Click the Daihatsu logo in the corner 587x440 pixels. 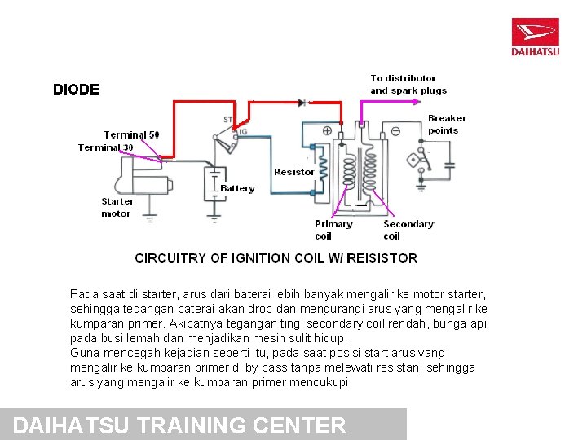click(535, 37)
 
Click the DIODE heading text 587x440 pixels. click(76, 90)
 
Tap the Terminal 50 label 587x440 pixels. click(131, 134)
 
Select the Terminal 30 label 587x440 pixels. click(105, 147)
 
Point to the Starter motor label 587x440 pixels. click(117, 207)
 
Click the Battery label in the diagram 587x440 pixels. click(237, 188)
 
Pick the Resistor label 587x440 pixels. click(293, 172)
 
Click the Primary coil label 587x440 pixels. click(333, 230)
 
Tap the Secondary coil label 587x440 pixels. click(408, 230)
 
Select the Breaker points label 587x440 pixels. click(447, 124)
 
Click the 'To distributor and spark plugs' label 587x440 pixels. click(408, 84)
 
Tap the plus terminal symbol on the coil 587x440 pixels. click(327, 130)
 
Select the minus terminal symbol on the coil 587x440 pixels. click(395, 130)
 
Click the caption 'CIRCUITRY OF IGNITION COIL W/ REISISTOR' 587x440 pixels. click(276, 258)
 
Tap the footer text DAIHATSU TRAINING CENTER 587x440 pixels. click(180, 425)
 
